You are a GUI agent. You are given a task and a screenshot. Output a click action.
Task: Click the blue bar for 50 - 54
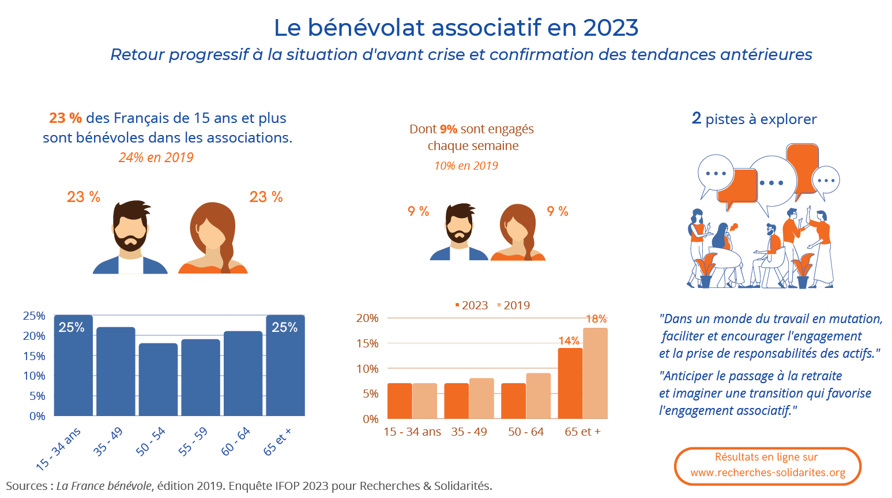[158, 379]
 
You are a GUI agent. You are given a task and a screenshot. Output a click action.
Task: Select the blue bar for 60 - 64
[243, 373]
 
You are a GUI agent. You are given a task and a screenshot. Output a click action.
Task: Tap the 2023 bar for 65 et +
[570, 383]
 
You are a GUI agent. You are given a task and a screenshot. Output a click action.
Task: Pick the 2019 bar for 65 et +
[595, 373]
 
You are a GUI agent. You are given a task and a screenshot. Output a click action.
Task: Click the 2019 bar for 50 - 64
[538, 396]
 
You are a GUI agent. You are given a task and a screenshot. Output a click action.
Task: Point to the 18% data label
[596, 319]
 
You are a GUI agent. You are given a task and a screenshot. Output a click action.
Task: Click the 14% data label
[569, 341]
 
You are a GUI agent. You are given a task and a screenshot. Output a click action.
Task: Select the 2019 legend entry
[513, 305]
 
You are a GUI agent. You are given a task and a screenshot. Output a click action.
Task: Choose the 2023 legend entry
[471, 305]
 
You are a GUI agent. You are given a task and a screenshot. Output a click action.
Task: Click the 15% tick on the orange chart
[367, 343]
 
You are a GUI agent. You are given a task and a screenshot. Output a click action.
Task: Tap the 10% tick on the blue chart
[34, 376]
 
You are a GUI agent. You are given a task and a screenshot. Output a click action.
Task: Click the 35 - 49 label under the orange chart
[469, 432]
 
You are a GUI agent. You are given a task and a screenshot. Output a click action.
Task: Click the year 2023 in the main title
[611, 27]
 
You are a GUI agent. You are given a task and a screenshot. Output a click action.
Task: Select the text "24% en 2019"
[156, 158]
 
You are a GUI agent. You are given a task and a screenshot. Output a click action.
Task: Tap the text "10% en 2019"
[466, 166]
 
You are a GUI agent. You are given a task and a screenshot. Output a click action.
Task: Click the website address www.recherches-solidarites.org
[767, 473]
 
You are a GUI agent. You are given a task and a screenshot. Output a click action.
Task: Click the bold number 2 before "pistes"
[697, 118]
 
